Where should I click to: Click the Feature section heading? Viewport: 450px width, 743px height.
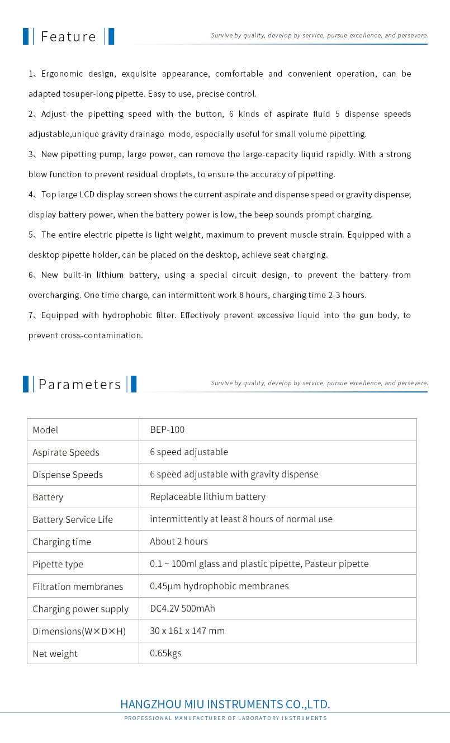(x=68, y=36)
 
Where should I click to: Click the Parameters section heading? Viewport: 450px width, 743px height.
(x=79, y=384)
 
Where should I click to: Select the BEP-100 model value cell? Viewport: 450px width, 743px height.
(x=167, y=429)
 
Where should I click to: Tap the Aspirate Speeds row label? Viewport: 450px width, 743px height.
(x=66, y=452)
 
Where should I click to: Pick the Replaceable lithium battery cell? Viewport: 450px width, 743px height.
(x=207, y=496)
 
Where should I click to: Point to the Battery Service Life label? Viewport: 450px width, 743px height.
(x=73, y=519)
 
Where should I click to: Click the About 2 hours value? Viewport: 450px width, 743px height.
(x=179, y=541)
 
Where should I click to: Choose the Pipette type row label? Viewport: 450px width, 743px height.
(x=58, y=564)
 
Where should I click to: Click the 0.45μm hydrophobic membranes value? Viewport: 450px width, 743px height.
(x=219, y=586)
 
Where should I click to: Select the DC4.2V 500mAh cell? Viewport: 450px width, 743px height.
(x=182, y=608)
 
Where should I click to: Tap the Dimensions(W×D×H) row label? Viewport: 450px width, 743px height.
(x=79, y=631)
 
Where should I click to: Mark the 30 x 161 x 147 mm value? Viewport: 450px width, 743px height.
(x=187, y=631)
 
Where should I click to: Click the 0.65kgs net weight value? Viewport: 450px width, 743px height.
(x=165, y=653)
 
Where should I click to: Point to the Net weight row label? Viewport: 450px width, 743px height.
(x=55, y=654)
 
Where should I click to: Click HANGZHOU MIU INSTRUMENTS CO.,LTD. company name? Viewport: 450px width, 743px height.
(x=225, y=704)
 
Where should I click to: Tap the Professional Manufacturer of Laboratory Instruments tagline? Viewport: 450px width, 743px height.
(x=225, y=718)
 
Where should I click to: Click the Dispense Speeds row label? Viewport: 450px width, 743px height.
(x=68, y=475)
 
